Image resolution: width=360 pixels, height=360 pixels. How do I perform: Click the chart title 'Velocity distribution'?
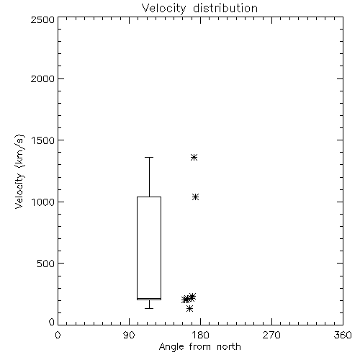pyautogui.click(x=199, y=9)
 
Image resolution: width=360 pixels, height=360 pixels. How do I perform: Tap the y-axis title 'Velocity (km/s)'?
pyautogui.click(x=19, y=171)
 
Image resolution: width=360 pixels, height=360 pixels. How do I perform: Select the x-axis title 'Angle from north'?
pyautogui.click(x=200, y=347)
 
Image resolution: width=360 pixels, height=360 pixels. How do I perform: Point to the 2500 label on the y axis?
pyautogui.click(x=42, y=19)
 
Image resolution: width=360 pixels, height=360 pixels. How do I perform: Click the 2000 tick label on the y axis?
pyautogui.click(x=42, y=78)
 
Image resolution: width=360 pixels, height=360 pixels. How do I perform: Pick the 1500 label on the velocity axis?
pyautogui.click(x=43, y=140)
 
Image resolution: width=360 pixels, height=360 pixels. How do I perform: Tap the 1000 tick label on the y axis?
pyautogui.click(x=43, y=202)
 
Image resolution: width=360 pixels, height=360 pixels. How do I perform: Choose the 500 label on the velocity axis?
pyautogui.click(x=46, y=264)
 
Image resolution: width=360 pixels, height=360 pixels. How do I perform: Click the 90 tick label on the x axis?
pyautogui.click(x=129, y=335)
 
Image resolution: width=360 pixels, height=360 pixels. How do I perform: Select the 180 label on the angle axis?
pyautogui.click(x=200, y=335)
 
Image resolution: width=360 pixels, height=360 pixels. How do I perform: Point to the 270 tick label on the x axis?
pyautogui.click(x=271, y=335)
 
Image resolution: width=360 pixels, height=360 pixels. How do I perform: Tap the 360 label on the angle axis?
pyautogui.click(x=343, y=335)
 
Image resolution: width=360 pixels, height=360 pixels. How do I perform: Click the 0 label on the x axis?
pyautogui.click(x=58, y=335)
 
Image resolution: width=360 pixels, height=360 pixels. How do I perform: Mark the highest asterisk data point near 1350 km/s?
pyautogui.click(x=194, y=158)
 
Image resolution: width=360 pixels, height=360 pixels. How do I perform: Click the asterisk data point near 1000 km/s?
pyautogui.click(x=196, y=197)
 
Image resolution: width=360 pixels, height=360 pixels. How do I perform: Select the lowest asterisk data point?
pyautogui.click(x=189, y=309)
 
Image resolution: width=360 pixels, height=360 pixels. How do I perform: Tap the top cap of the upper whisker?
pyautogui.click(x=149, y=157)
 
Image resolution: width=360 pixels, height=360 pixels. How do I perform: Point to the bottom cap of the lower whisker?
pyautogui.click(x=149, y=308)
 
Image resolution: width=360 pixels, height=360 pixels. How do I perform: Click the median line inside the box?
pyautogui.click(x=149, y=298)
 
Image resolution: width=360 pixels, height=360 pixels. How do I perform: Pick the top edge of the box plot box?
pyautogui.click(x=149, y=197)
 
